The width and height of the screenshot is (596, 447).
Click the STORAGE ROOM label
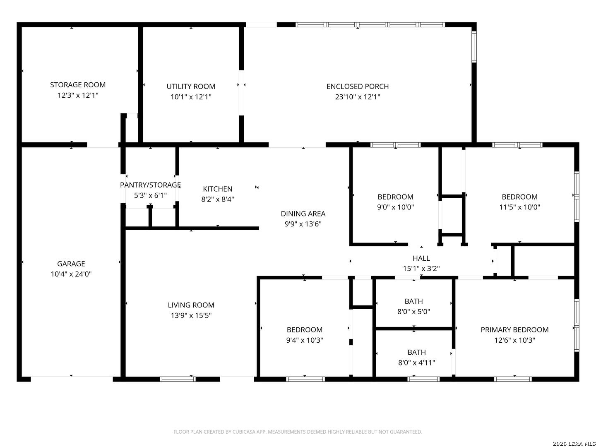78,85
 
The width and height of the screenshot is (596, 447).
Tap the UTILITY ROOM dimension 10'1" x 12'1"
191,97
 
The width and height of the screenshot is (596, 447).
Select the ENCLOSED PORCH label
357,87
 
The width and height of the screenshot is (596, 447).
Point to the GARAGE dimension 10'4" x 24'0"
71,274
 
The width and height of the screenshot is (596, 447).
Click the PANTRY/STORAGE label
150,185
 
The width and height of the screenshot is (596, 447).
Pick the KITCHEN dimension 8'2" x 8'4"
217,199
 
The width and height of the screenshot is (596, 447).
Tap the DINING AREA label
303,214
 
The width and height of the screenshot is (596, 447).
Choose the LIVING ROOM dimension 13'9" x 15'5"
191,316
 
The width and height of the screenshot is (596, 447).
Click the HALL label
421,258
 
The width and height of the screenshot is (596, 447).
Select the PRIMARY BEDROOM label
514,330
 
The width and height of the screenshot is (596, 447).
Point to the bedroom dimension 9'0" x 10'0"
395,207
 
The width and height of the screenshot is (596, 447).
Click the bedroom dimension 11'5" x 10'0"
519,207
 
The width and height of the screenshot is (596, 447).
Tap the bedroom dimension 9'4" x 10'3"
304,340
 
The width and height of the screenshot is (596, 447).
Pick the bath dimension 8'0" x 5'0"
413,312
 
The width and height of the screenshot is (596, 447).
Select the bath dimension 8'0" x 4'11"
416,363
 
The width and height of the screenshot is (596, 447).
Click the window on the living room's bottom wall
178,379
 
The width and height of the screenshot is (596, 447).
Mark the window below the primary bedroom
513,379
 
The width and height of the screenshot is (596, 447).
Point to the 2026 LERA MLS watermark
574,443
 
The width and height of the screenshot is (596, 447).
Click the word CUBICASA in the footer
243,432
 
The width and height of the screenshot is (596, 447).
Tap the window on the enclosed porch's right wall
474,47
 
